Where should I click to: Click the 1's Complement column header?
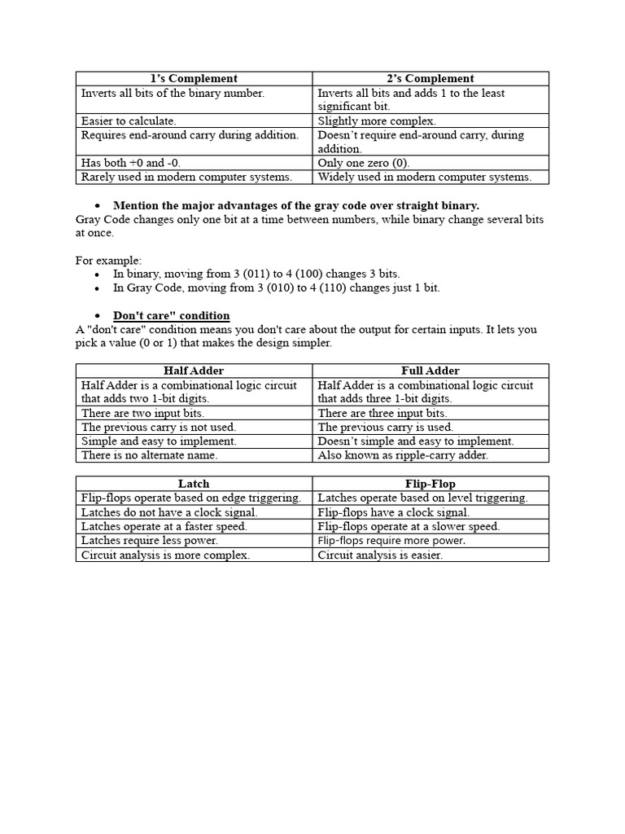194,78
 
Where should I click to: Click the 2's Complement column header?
431,78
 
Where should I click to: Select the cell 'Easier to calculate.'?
129,121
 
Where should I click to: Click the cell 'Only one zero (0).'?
363,163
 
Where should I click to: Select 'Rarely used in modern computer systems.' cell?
186,177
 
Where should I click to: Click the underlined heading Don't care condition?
171,315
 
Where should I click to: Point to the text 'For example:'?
108,261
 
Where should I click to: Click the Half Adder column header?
194,371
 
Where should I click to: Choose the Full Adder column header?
431,371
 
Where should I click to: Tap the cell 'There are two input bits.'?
142,413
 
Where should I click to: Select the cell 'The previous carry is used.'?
385,427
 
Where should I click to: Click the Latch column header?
194,484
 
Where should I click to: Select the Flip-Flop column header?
431,484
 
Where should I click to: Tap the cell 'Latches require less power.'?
149,540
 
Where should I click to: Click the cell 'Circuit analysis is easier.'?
380,555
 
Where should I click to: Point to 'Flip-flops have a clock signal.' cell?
393,512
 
